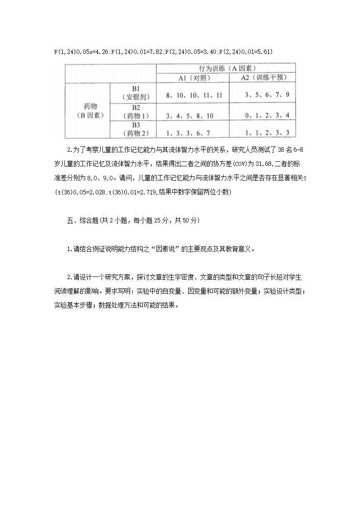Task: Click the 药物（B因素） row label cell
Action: coord(88,111)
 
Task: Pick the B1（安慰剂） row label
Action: coord(135,93)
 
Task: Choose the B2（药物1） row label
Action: coord(135,111)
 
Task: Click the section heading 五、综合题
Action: coord(82,221)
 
